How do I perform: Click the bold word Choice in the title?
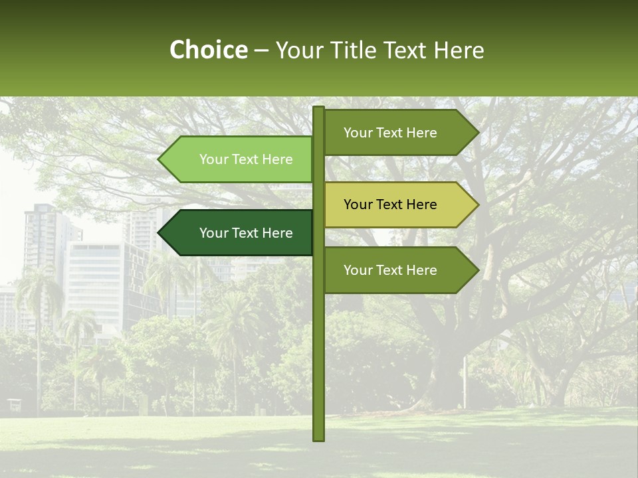click(x=208, y=50)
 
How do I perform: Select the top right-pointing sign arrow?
click(x=399, y=133)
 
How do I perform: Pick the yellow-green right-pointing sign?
click(x=399, y=204)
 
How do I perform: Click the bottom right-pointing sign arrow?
click(x=399, y=270)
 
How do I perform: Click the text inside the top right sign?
click(x=390, y=133)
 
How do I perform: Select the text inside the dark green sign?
click(x=246, y=233)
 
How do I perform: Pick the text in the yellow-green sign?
click(x=390, y=204)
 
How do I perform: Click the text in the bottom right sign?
click(x=390, y=270)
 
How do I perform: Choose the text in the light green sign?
click(x=246, y=159)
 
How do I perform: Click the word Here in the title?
click(x=459, y=50)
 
